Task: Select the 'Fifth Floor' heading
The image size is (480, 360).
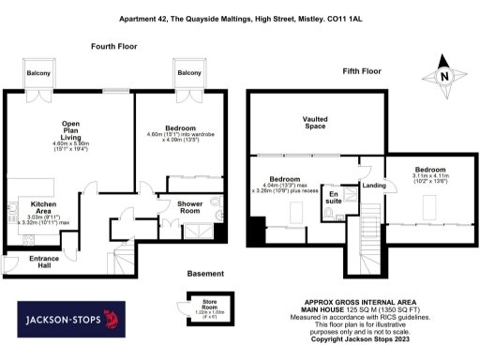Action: coord(362,71)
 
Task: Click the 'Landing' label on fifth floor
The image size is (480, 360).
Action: coord(375,186)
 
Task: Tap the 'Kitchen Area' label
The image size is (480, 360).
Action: coord(44,207)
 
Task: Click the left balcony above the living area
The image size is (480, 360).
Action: coord(38,72)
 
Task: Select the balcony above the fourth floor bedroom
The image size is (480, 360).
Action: coord(188,72)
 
